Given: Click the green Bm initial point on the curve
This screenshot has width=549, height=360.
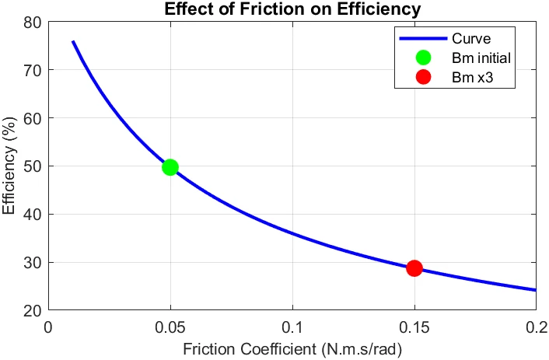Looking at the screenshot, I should (170, 166).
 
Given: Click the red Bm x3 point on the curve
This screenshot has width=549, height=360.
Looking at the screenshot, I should (414, 267).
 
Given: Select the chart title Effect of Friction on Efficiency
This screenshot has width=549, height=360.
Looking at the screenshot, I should (292, 10).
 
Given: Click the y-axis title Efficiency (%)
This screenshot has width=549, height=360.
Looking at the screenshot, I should (10, 166).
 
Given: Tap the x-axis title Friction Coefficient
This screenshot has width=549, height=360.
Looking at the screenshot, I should (292, 349).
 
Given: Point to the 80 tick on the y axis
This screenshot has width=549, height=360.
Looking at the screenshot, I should (32, 22).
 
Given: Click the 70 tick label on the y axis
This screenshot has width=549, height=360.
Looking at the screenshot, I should (32, 70).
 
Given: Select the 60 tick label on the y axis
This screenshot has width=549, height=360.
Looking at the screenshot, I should (32, 118).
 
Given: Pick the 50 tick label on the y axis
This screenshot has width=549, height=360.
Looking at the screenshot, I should (32, 166).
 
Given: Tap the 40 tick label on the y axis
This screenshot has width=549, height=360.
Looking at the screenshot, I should (32, 215).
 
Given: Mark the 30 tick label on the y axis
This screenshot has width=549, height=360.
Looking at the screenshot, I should (32, 263).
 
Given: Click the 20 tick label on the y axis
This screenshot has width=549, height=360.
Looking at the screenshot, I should (32, 310).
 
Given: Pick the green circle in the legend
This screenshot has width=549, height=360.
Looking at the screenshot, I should (424, 58).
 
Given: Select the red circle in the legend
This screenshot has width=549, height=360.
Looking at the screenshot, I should (424, 77).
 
